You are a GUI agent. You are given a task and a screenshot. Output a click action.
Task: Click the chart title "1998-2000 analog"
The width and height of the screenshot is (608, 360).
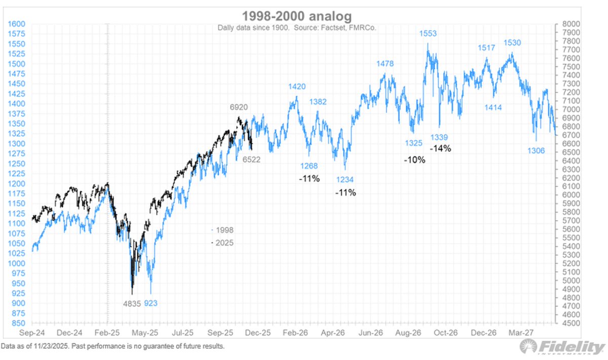click(304, 15)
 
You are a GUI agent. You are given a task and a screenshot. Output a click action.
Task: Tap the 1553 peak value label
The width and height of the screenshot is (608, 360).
click(428, 34)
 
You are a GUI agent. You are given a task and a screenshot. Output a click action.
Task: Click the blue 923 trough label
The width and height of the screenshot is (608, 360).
click(151, 304)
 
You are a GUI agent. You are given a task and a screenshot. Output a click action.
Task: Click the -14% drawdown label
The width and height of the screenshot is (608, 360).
click(440, 148)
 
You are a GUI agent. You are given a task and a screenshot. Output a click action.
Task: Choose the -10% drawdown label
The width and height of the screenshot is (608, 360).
click(414, 159)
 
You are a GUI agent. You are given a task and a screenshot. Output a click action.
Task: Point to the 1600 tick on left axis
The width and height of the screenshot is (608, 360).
click(17, 24)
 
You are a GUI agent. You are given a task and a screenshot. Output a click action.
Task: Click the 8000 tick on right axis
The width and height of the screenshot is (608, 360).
click(569, 24)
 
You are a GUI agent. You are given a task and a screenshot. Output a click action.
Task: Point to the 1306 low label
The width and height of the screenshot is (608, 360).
click(537, 150)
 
